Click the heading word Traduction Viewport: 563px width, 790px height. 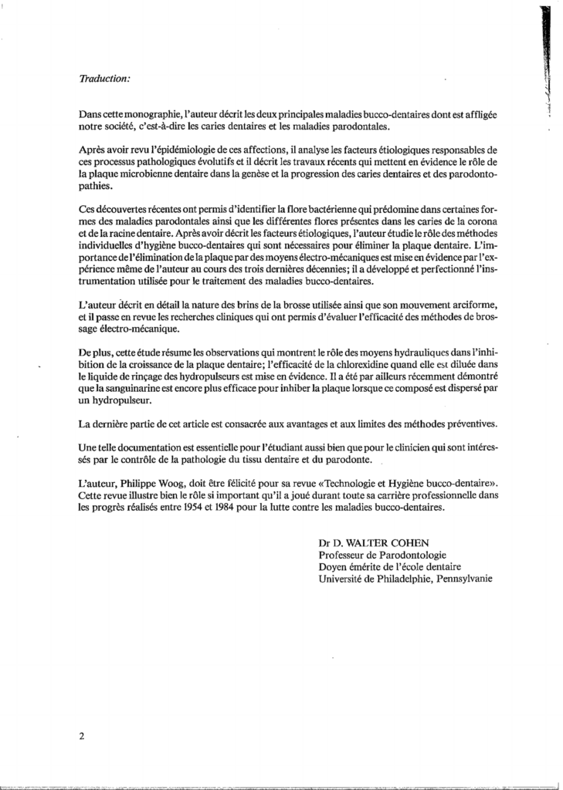tap(105, 79)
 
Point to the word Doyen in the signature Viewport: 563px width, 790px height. tap(332, 569)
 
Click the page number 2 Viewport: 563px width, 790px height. tap(81, 736)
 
